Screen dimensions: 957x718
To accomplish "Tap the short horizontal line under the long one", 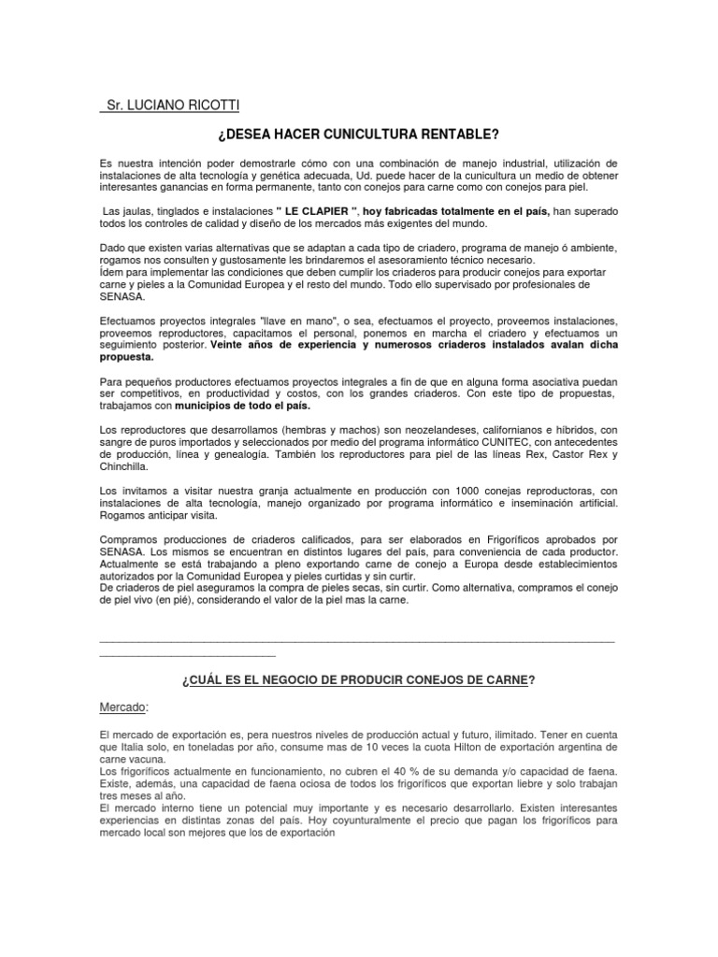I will click(x=187, y=653).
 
